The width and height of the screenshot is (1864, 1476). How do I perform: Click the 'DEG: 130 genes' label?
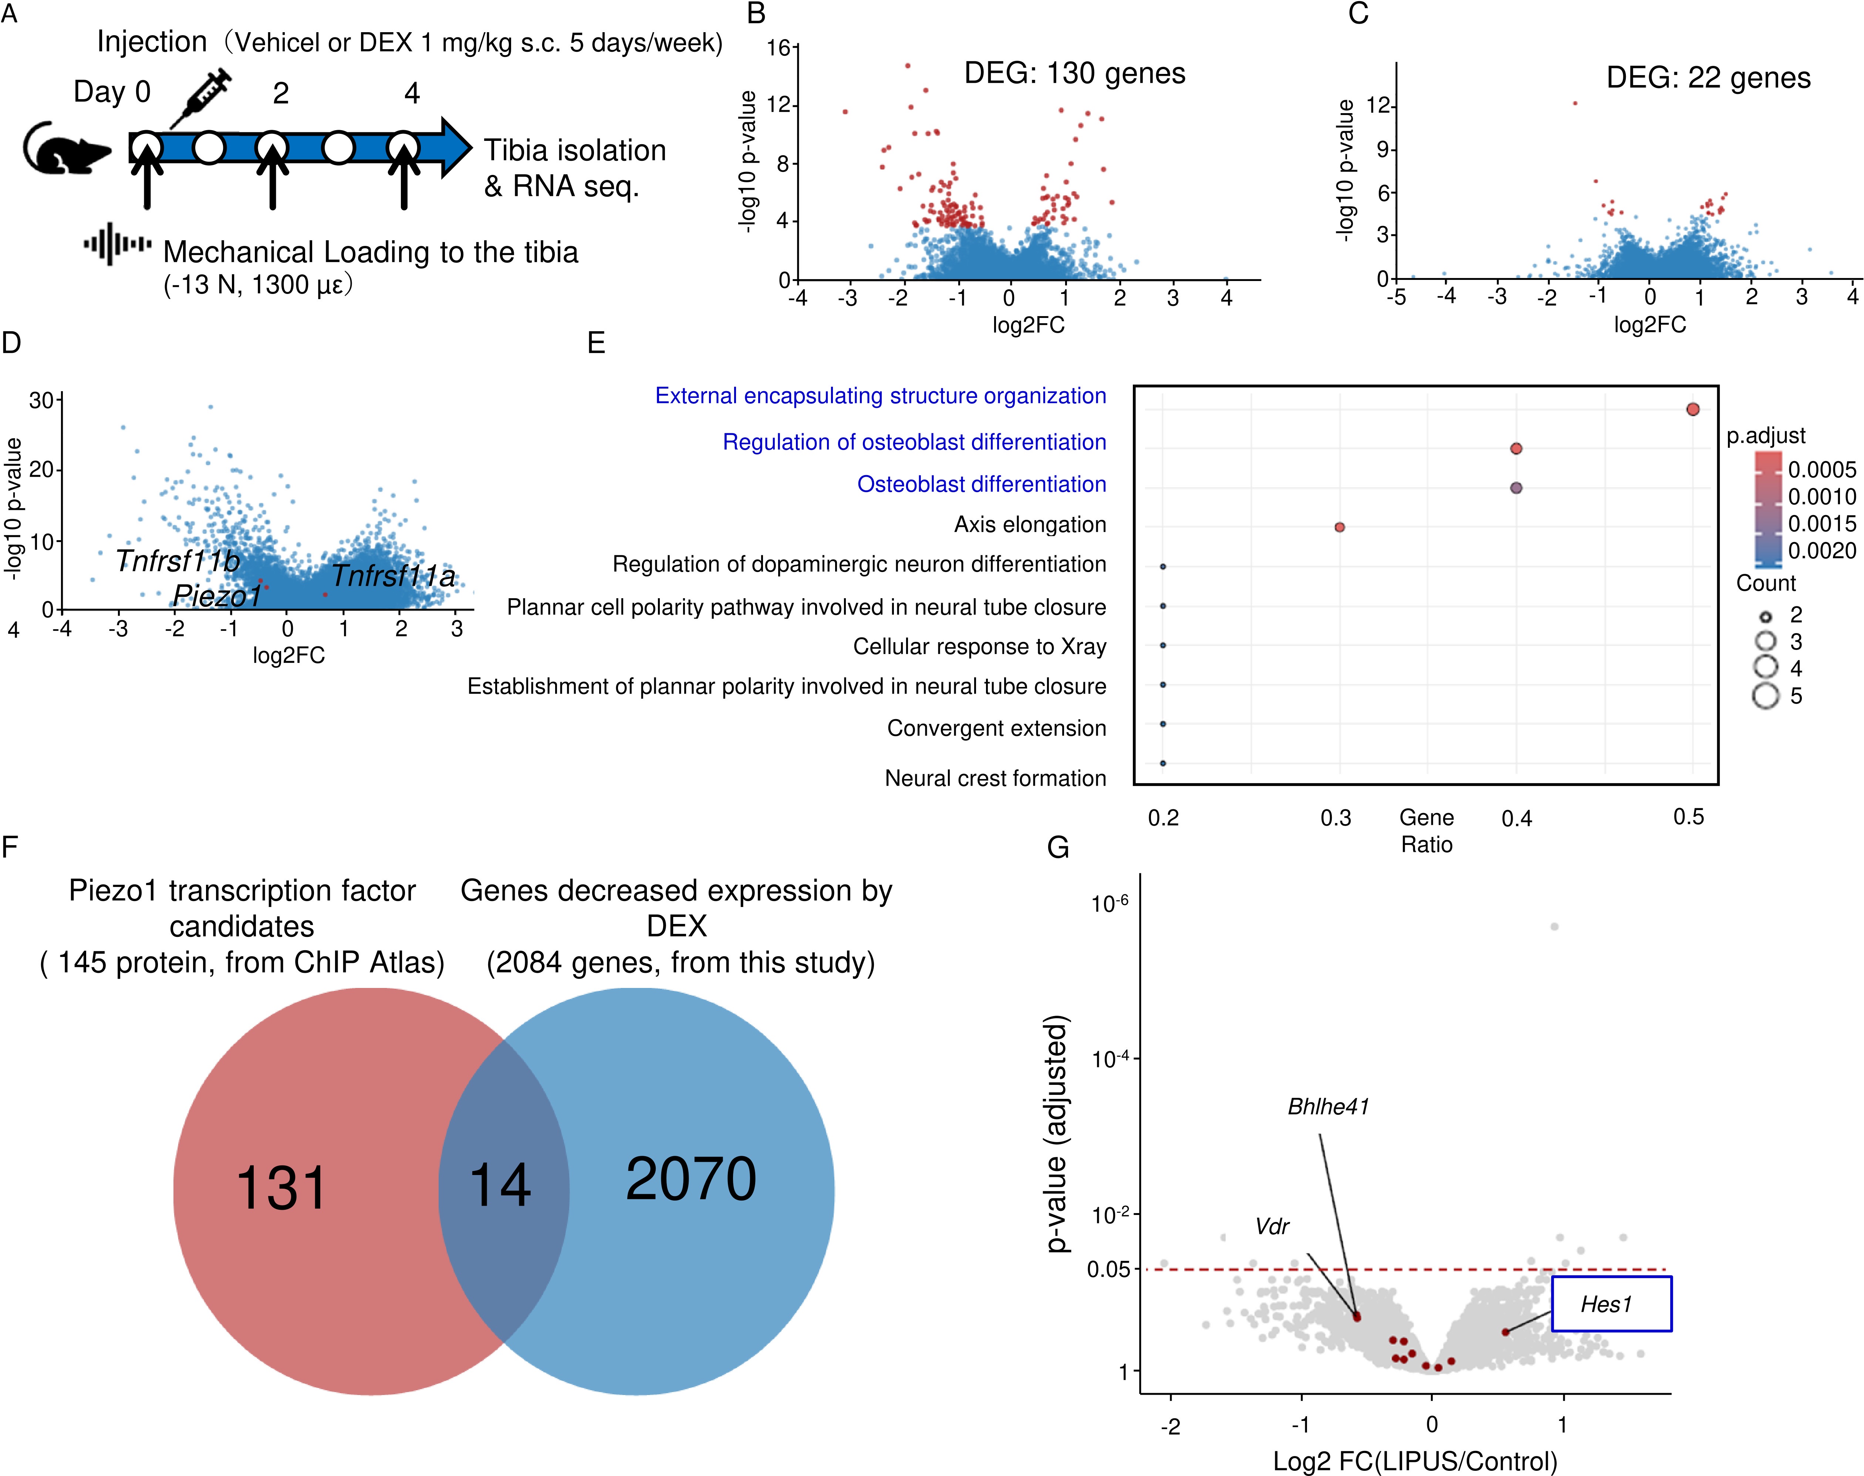click(1074, 74)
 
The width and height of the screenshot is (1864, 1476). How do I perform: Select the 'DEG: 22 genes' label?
click(1708, 78)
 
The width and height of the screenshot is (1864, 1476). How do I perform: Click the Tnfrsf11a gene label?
click(393, 576)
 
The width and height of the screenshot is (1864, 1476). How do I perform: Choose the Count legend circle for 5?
click(1766, 695)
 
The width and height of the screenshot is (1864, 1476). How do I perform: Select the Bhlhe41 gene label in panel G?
click(1328, 1107)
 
